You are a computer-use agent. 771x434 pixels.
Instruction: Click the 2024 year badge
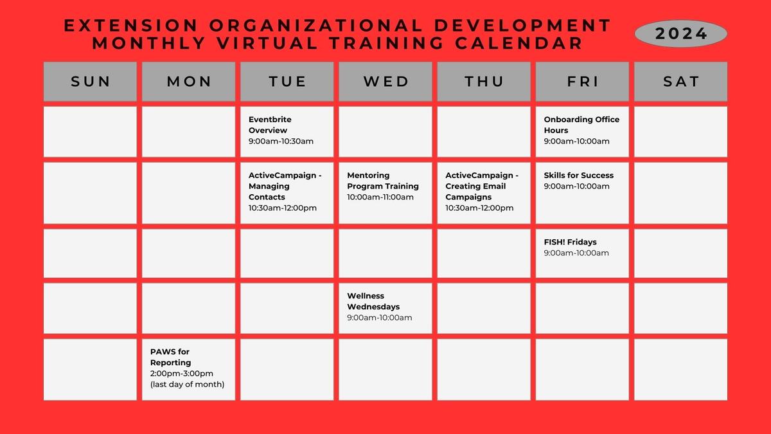pos(681,33)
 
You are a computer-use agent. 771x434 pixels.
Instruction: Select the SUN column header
pos(91,82)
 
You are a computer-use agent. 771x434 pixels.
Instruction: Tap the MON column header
pos(189,82)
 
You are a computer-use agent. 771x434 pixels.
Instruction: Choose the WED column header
pos(385,82)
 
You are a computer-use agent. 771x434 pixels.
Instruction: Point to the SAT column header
pos(680,82)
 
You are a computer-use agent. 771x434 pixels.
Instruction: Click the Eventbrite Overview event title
pos(270,125)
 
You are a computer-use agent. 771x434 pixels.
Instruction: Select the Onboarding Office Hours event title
pos(581,125)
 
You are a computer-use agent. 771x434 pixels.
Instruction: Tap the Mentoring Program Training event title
pos(382,181)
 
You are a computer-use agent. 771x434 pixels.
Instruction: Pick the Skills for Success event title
pos(578,175)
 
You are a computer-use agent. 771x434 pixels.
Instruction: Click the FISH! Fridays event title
pos(570,242)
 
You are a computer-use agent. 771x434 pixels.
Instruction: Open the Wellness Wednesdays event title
pos(373,302)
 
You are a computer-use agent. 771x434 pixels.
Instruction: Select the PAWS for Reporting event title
pos(170,357)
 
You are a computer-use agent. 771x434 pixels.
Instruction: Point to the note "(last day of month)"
pos(187,384)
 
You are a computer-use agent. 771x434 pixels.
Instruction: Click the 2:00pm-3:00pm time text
pos(181,374)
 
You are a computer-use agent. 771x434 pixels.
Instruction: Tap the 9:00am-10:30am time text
pos(281,141)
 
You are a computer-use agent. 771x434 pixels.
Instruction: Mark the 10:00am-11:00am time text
pos(380,197)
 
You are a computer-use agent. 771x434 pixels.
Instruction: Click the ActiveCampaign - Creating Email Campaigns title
pos(481,186)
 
